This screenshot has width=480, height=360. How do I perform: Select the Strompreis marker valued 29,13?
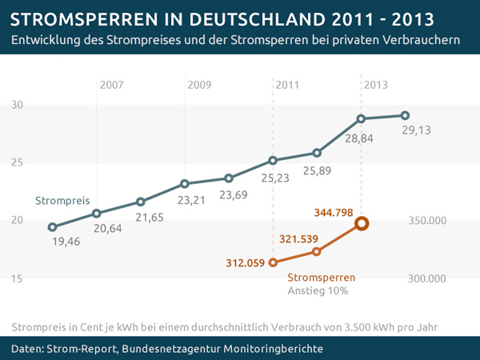click(x=405, y=115)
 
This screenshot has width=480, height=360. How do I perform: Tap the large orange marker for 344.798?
click(x=361, y=224)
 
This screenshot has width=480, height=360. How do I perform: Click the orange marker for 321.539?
click(x=317, y=251)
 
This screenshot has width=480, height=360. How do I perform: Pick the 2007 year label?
click(x=113, y=84)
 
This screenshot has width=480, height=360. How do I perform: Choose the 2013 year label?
click(x=376, y=84)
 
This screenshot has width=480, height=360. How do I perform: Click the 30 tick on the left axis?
click(x=18, y=105)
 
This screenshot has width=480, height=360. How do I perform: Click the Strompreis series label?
click(x=62, y=200)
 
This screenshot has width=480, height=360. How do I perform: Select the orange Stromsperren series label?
click(x=321, y=278)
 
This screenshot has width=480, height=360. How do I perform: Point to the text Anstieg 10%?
click(x=318, y=291)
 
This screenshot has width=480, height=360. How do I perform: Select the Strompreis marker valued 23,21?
click(x=185, y=183)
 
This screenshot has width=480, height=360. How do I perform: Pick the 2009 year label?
click(x=200, y=84)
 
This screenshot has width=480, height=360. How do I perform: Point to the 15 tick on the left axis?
click(x=18, y=278)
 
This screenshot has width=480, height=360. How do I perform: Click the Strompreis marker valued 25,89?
click(x=317, y=153)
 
